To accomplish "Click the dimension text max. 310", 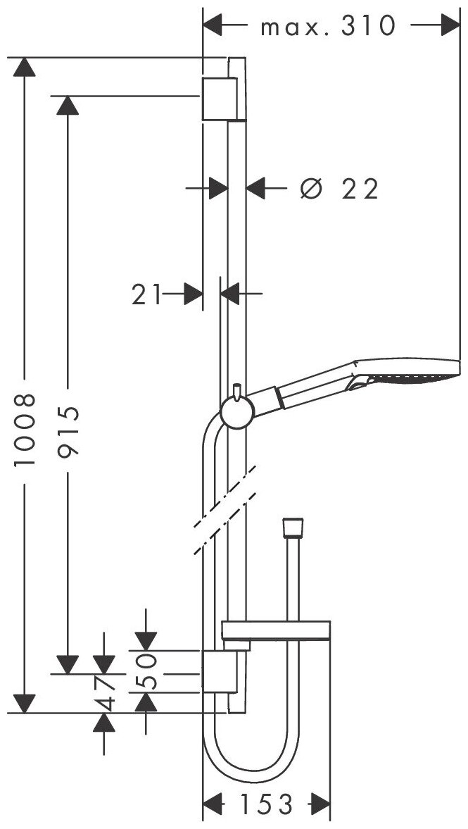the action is pos(327,27).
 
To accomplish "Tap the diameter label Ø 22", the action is pos(339,188).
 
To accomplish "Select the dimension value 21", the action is pos(146,294).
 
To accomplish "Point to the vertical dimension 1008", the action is pos(25,430).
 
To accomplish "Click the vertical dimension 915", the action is pos(68,430).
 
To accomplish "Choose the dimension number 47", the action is pos(105,693).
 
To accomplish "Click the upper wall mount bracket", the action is pos(220,99).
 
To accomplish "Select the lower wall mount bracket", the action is pos(220,672).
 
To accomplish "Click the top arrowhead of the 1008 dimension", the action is pos(25,68).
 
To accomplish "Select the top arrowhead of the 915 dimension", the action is pos(68,104).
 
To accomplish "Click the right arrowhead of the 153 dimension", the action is pos(320,803).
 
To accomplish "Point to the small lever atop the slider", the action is pos(237,389).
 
